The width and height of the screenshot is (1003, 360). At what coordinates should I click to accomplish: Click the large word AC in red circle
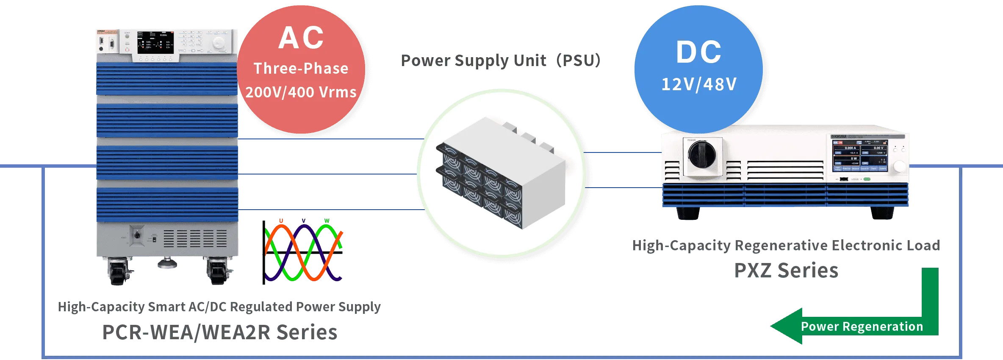(x=301, y=38)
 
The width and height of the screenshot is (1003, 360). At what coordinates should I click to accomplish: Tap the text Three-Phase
(x=301, y=69)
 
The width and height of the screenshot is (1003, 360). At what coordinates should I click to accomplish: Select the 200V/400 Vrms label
(x=301, y=92)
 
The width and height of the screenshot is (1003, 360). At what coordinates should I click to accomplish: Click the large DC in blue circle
(x=699, y=53)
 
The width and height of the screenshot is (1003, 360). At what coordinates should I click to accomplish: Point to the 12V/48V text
(x=699, y=84)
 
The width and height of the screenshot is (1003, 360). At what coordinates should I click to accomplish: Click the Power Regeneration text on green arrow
(x=862, y=327)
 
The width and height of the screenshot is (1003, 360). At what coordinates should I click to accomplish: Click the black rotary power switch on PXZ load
(x=702, y=154)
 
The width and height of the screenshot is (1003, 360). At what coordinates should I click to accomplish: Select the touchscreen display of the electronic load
(x=860, y=155)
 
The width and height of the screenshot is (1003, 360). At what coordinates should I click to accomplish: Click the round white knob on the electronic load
(x=899, y=166)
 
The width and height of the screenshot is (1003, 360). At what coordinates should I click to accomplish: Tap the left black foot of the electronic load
(x=688, y=213)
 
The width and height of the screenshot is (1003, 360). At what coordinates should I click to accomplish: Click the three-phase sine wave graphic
(x=303, y=251)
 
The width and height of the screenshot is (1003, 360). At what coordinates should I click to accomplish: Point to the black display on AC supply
(x=155, y=42)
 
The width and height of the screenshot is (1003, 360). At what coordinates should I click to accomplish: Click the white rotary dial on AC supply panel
(x=219, y=42)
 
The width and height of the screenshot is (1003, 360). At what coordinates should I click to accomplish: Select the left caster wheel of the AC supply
(x=119, y=272)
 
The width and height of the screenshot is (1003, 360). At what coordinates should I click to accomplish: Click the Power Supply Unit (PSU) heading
(x=500, y=61)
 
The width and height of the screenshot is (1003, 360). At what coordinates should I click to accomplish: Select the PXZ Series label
(x=787, y=270)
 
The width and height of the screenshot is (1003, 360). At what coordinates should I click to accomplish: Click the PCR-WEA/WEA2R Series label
(x=220, y=332)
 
